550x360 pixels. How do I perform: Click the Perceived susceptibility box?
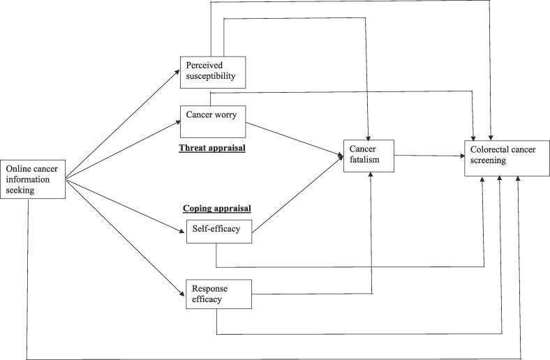(x=212, y=71)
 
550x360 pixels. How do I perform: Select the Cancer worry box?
(x=212, y=120)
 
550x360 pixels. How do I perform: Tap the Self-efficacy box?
(x=218, y=231)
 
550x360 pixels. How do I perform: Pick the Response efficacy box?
(x=218, y=294)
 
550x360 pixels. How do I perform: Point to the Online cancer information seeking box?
(x=34, y=179)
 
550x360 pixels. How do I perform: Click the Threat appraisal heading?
(x=212, y=148)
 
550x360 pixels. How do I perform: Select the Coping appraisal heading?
(x=216, y=209)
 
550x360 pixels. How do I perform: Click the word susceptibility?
(x=214, y=77)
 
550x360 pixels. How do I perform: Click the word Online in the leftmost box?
(x=18, y=169)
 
